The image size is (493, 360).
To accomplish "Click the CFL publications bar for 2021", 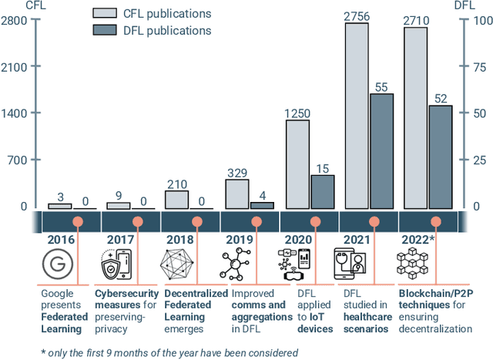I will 356,116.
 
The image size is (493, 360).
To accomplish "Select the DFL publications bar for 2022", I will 441,157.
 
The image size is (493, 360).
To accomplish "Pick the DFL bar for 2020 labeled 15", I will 323,192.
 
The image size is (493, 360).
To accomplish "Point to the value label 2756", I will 356,15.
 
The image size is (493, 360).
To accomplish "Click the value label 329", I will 237,172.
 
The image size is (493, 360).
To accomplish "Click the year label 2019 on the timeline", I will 240,240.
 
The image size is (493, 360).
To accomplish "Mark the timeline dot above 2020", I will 315,222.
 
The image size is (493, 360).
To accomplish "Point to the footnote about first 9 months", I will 170,352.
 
